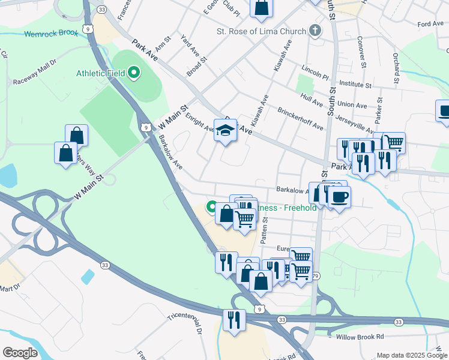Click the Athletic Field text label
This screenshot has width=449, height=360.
[100, 73]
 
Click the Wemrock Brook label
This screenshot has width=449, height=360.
[51, 34]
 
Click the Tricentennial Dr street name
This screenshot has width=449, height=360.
[185, 319]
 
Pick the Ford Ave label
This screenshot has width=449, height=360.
[430, 23]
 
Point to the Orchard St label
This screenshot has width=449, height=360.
[396, 68]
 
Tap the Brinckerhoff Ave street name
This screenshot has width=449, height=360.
[300, 119]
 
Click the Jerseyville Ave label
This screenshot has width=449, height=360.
[355, 124]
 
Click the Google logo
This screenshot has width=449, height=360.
[20, 352]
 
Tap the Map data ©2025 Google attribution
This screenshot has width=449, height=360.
[411, 355]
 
